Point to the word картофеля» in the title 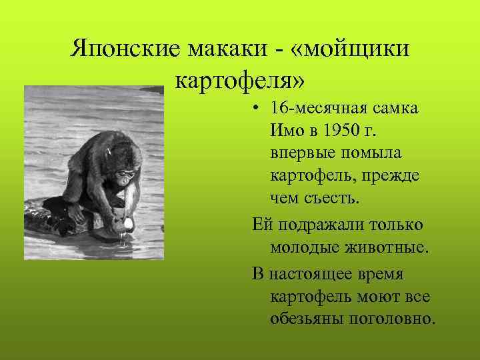tap(240, 80)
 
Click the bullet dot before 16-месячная tap(257, 109)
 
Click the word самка tap(394, 109)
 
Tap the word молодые tap(305, 247)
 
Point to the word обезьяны tap(307, 319)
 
